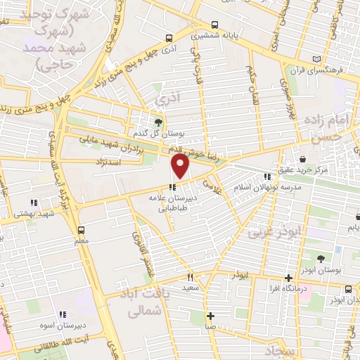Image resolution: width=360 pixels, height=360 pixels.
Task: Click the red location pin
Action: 181,166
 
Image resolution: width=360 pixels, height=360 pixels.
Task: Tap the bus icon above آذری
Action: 168,39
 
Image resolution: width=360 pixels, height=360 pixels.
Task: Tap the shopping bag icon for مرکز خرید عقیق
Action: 302,159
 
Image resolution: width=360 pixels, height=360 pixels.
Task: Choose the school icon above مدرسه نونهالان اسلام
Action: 266,176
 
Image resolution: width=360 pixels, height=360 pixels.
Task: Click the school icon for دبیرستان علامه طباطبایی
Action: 172,186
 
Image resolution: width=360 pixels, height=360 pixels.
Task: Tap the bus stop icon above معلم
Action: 81,229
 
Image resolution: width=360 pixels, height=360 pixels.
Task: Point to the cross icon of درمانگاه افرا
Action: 289,278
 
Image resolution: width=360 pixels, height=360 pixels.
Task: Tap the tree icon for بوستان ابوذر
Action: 321,259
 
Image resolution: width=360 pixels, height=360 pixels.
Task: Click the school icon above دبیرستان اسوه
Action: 62,314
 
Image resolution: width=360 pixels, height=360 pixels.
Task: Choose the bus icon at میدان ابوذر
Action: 349,289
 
